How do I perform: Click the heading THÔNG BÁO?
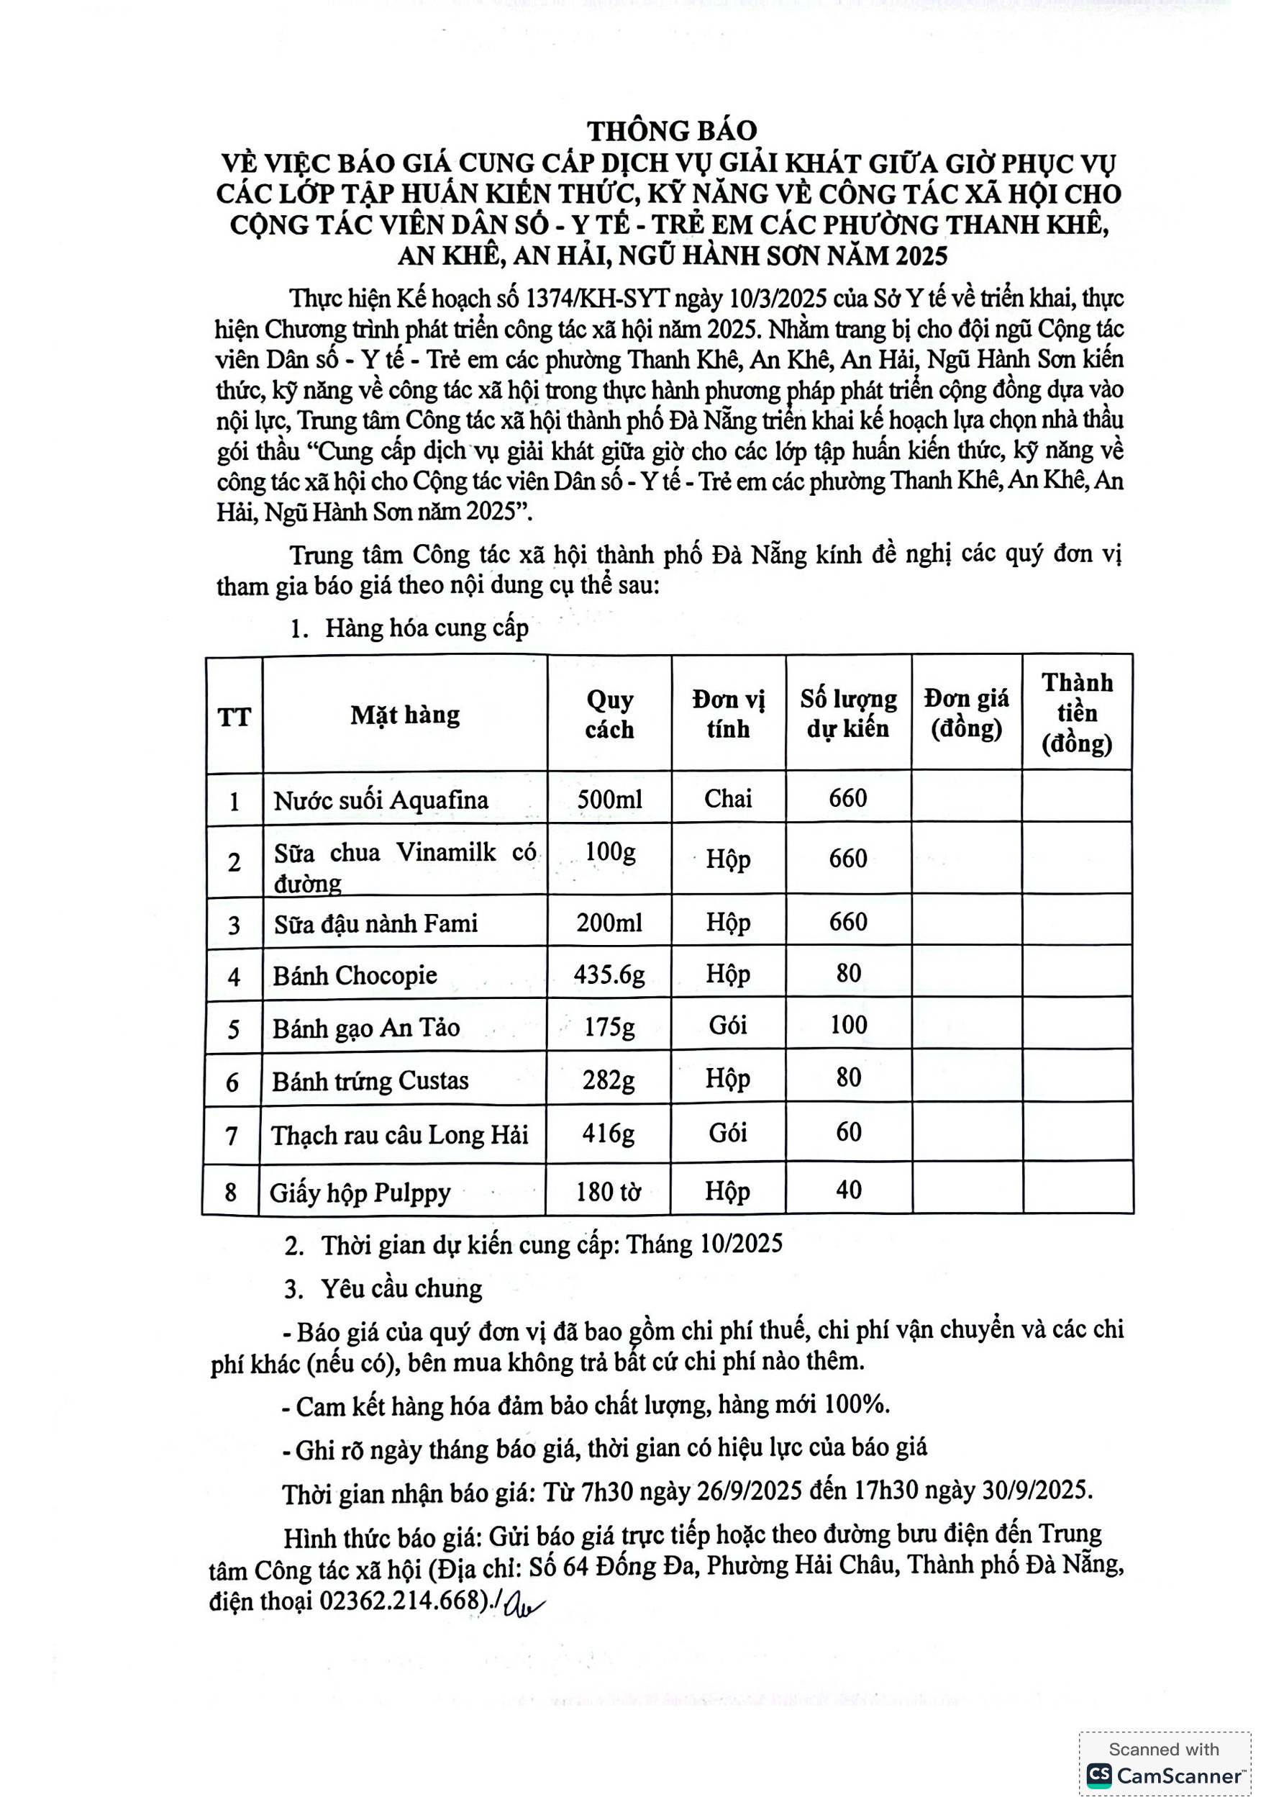[x=671, y=131]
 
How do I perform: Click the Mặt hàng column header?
[x=404, y=715]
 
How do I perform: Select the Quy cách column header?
[x=609, y=714]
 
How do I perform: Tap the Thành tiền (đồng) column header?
[x=1077, y=713]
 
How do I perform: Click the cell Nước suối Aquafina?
[x=381, y=800]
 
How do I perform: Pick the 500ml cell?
[x=609, y=799]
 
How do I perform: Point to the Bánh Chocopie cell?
[x=355, y=975]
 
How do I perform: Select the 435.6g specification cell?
[x=609, y=974]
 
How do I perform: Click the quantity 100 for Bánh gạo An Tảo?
[x=848, y=1026]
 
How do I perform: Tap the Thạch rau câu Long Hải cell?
[x=399, y=1136]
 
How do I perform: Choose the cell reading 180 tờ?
[x=607, y=1192]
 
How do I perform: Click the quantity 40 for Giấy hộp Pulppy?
[x=848, y=1190]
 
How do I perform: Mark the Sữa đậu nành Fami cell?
[x=376, y=924]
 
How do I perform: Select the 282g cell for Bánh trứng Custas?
[x=608, y=1080]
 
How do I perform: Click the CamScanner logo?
[x=1165, y=1776]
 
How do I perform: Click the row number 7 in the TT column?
[x=231, y=1136]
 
